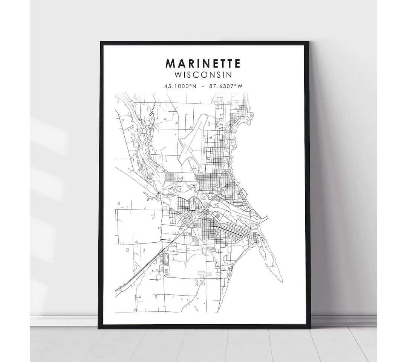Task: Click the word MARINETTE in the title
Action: [x=203, y=64]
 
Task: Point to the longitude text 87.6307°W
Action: [x=226, y=86]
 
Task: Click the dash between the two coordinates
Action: [x=203, y=86]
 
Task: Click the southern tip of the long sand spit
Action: [x=282, y=281]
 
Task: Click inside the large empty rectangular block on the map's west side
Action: [x=138, y=226]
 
